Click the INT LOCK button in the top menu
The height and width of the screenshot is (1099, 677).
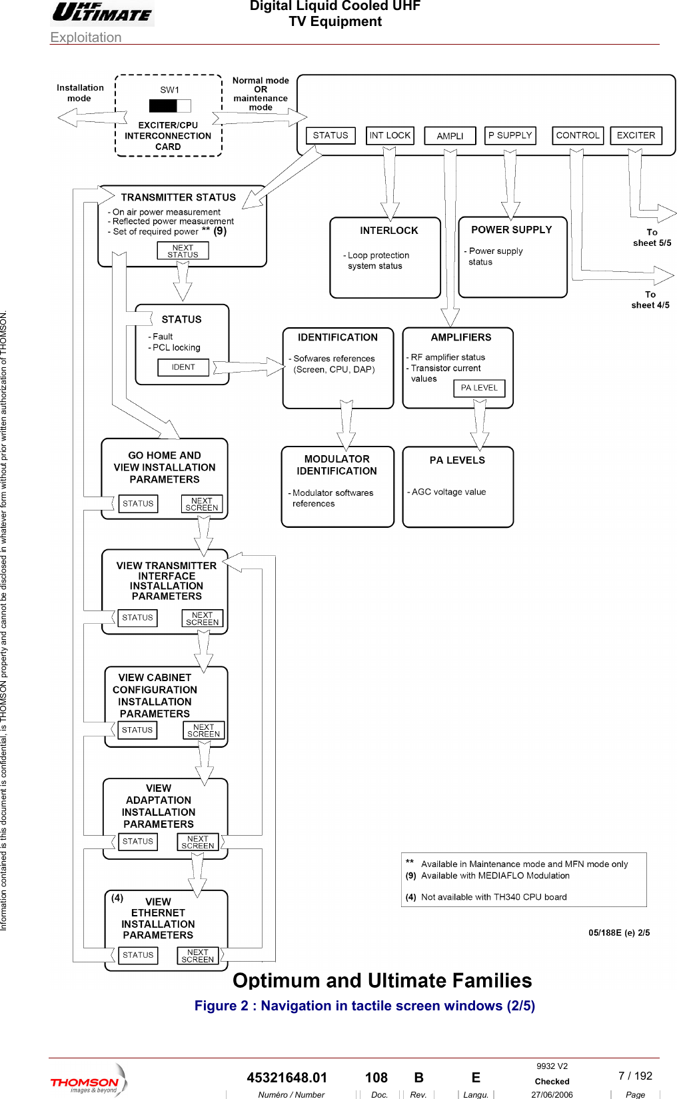click(390, 135)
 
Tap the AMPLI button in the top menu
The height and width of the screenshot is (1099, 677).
click(450, 136)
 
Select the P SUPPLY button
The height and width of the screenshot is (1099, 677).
click(510, 135)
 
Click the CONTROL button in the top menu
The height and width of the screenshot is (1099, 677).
click(578, 135)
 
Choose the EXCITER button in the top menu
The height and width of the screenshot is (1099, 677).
click(636, 135)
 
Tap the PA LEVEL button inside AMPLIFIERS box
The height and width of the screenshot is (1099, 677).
click(479, 388)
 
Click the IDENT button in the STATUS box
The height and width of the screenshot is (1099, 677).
click(183, 367)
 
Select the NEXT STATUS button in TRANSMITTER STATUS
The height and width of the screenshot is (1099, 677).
click(183, 251)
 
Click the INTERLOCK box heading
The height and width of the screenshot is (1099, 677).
click(388, 231)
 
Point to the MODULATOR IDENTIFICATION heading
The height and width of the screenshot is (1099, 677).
click(337, 465)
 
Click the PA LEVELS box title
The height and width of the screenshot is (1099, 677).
click(457, 461)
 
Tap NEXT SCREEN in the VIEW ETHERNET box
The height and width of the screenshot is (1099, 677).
click(198, 956)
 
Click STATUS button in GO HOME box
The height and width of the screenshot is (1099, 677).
click(138, 504)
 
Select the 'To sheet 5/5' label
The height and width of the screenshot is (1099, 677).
click(652, 238)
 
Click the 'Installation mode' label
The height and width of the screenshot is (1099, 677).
click(80, 93)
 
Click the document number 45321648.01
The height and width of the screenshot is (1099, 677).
click(287, 1078)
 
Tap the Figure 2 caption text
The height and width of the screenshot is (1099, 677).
click(364, 1006)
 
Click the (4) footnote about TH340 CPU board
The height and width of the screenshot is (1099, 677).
click(486, 897)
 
